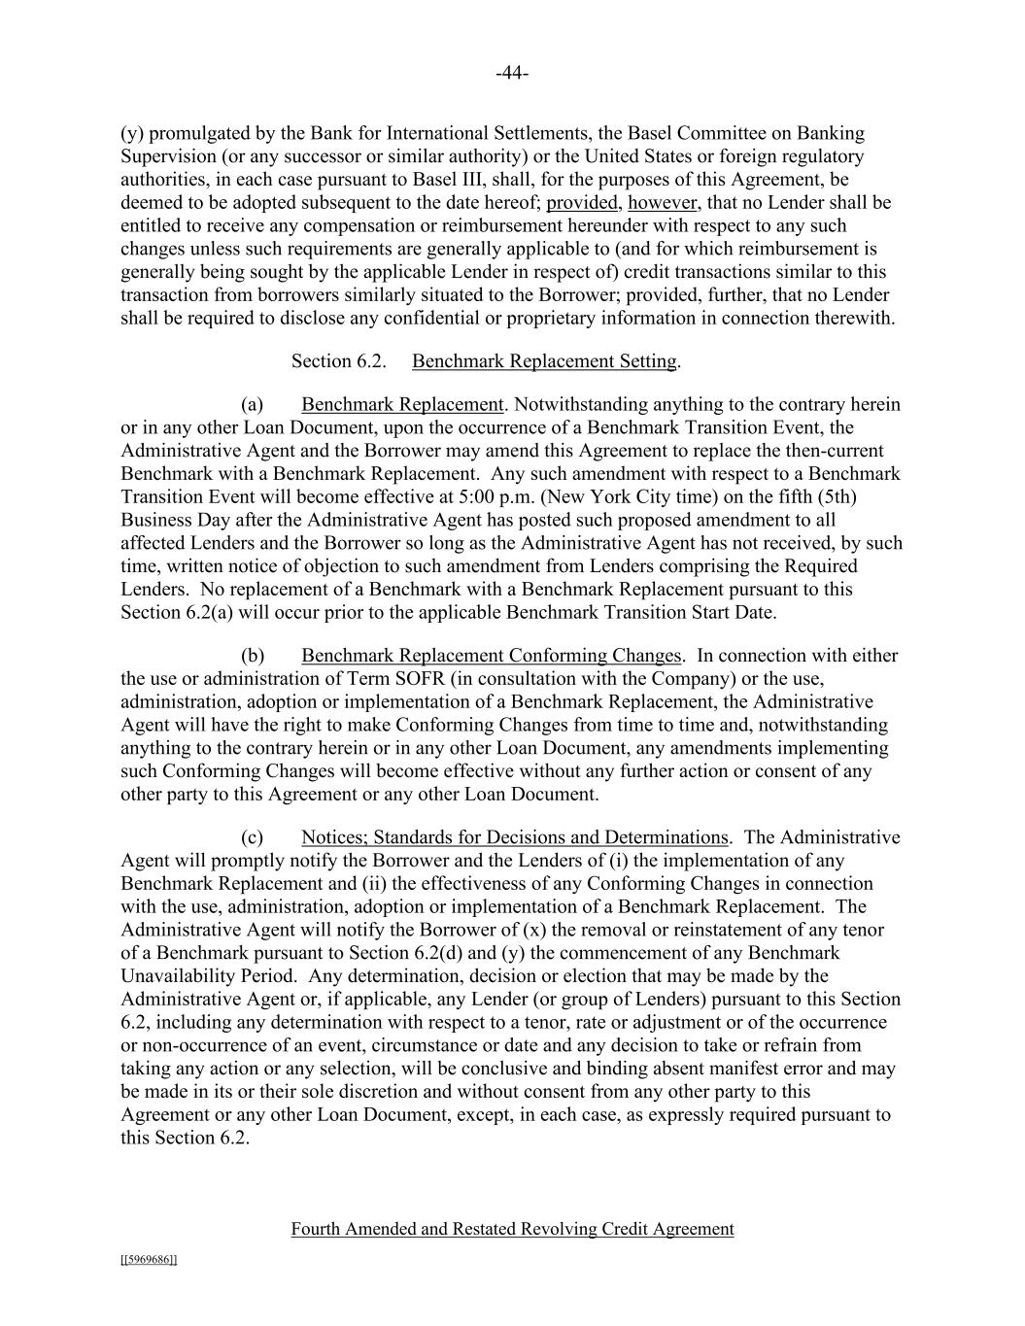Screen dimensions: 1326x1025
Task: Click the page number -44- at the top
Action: click(512, 74)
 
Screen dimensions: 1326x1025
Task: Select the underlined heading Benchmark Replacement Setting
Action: click(544, 361)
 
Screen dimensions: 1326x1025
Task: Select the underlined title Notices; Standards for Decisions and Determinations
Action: click(514, 837)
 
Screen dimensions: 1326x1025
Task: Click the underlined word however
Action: click(663, 203)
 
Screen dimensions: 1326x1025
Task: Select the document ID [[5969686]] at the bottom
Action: click(149, 1260)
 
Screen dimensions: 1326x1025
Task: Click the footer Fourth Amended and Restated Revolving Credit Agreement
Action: click(512, 1229)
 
